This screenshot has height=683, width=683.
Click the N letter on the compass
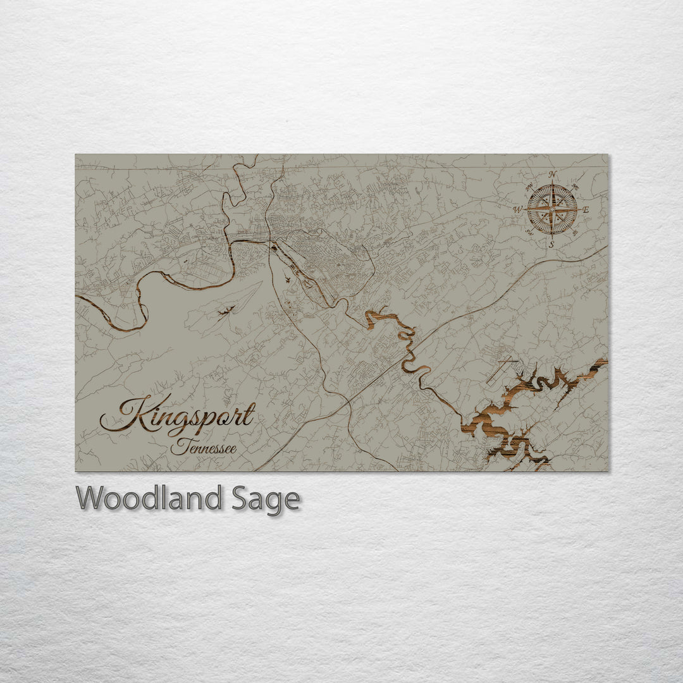[552, 174]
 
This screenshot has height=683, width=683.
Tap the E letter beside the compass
[585, 209]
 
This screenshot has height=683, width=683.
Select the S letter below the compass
[551, 244]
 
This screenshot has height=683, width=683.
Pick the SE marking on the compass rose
[575, 233]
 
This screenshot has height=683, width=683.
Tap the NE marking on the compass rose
[575, 187]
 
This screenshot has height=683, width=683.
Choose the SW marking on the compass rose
[529, 233]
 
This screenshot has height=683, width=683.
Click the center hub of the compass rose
[552, 209]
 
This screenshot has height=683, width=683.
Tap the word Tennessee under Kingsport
[204, 448]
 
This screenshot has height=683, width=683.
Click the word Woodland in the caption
[149, 498]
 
